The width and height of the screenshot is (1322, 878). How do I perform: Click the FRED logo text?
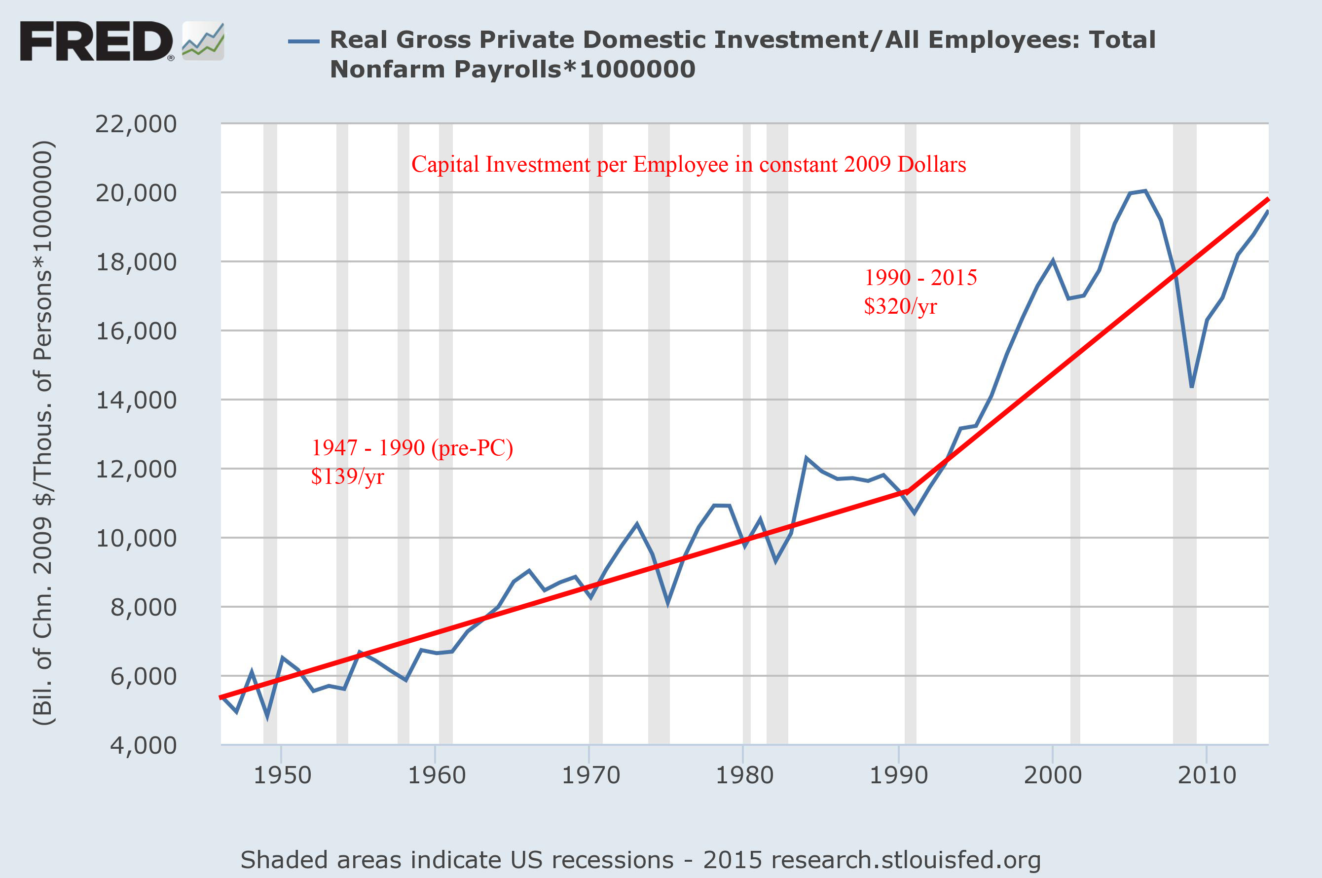(96, 41)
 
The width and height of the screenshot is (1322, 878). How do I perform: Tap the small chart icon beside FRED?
(203, 41)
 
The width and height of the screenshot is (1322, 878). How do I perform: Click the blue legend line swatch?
(303, 41)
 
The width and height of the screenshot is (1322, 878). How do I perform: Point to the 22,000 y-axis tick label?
(136, 124)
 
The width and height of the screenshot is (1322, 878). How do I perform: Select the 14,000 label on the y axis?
(136, 401)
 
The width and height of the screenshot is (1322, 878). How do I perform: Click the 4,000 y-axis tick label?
(144, 745)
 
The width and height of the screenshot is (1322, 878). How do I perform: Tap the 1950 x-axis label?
(282, 775)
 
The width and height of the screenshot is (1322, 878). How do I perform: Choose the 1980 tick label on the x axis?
(744, 775)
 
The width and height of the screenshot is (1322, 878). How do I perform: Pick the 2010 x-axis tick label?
(1207, 775)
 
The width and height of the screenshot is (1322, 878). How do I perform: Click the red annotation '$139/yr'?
(347, 476)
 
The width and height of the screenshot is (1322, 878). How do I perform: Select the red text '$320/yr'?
(900, 306)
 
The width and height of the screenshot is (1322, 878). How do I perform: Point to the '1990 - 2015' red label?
(920, 278)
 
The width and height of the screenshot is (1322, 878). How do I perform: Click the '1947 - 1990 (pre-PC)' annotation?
(411, 448)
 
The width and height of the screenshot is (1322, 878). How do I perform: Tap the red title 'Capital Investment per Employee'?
(689, 165)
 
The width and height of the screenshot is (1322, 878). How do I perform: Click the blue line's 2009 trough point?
(1192, 386)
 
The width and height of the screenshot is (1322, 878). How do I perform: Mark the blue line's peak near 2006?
(1145, 191)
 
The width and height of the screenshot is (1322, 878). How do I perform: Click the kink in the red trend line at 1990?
(908, 491)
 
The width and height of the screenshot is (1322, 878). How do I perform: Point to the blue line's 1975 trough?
(668, 604)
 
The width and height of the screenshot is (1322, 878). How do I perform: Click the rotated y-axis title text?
(43, 434)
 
